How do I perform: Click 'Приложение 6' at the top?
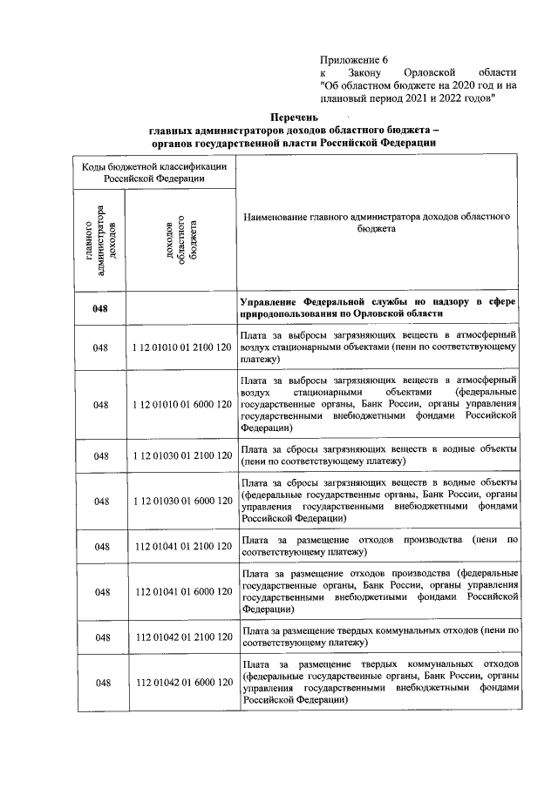click(x=355, y=60)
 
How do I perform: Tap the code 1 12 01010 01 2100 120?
click(x=181, y=347)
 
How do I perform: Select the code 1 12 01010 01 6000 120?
click(x=181, y=404)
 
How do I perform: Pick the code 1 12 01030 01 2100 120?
click(x=181, y=455)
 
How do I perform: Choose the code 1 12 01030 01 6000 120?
click(x=181, y=501)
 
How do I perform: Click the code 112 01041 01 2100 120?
click(x=183, y=546)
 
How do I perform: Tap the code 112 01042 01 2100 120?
click(x=183, y=636)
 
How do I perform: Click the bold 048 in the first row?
click(x=101, y=308)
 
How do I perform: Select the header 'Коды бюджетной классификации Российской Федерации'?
click(x=154, y=172)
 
